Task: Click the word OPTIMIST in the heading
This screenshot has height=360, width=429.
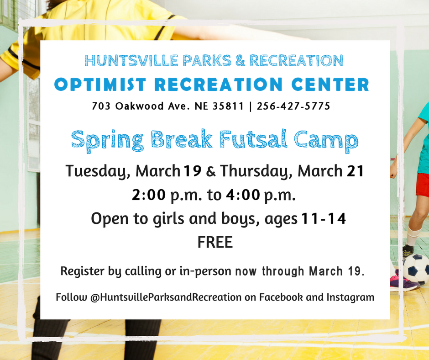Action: tap(100, 85)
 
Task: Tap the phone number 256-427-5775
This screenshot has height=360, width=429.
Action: tap(293, 106)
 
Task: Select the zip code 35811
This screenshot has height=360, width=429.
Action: tap(228, 106)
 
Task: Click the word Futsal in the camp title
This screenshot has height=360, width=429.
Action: tap(253, 139)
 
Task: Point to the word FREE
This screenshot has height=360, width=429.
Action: tap(215, 242)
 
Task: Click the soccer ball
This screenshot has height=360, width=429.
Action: tap(416, 269)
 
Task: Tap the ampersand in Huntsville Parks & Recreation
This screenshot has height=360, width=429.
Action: tap(240, 60)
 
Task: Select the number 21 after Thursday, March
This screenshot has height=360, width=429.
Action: tap(355, 171)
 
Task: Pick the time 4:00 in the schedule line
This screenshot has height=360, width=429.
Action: tap(243, 195)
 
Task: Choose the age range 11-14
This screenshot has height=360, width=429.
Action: tap(324, 219)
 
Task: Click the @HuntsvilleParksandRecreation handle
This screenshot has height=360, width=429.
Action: tap(166, 297)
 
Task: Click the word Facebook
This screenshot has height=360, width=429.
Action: tap(281, 297)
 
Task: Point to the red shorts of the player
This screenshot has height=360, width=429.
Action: tap(422, 185)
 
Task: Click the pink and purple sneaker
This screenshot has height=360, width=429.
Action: tap(404, 281)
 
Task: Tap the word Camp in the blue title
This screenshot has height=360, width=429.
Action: tap(326, 140)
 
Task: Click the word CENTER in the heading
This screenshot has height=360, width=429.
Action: tap(330, 85)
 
